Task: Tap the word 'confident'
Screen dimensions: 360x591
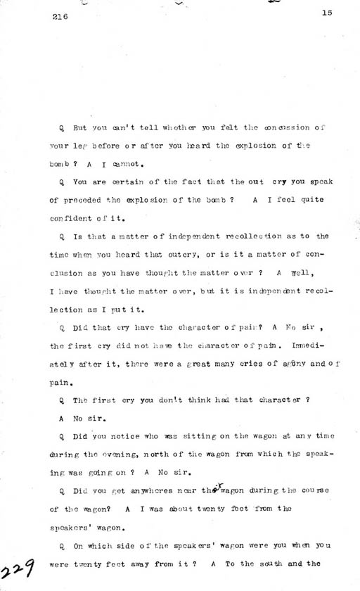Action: tap(77, 220)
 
